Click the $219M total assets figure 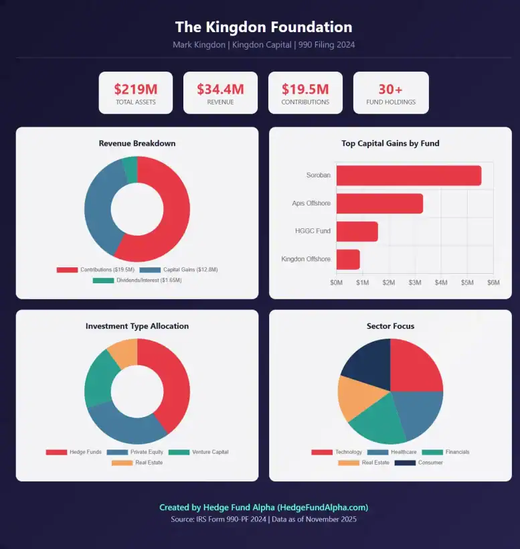[x=135, y=89]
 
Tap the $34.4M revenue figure [x=220, y=89]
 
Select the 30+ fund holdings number [x=391, y=89]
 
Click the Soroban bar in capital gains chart [x=408, y=175]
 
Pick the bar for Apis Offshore [x=379, y=204]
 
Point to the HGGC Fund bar [x=357, y=232]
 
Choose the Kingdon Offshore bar [x=348, y=260]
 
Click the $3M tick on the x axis [x=415, y=283]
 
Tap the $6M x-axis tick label [x=493, y=283]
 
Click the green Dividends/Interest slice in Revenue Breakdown [x=131, y=169]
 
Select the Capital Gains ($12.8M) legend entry [x=179, y=269]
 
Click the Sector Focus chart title [x=390, y=326]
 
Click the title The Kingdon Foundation [x=263, y=27]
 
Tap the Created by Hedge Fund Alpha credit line [x=263, y=507]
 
